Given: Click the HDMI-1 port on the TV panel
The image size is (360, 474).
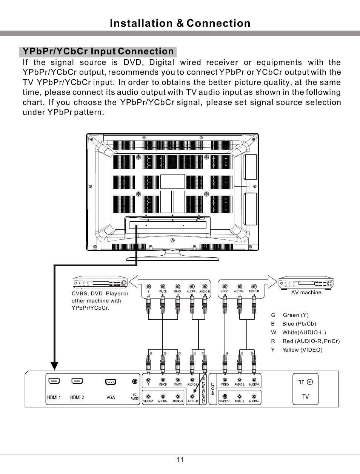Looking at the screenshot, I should pyautogui.click(x=54, y=381).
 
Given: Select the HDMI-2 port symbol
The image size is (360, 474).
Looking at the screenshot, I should pyautogui.click(x=77, y=381).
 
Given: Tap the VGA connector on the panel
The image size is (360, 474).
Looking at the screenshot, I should pyautogui.click(x=111, y=381).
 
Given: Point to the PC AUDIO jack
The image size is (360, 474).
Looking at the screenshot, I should pyautogui.click(x=135, y=382).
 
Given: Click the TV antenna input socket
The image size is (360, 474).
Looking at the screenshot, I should pyautogui.click(x=310, y=382).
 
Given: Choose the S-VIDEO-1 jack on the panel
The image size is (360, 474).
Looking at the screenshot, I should pyautogui.click(x=225, y=396).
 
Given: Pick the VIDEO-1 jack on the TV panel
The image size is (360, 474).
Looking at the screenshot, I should pyautogui.click(x=148, y=396).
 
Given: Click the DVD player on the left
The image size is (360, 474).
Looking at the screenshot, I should pyautogui.click(x=100, y=282).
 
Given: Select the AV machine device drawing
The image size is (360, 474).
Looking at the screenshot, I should pyautogui.click(x=306, y=282).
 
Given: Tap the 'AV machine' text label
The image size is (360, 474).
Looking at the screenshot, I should pyautogui.click(x=306, y=292).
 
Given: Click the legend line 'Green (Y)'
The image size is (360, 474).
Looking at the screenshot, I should pyautogui.click(x=295, y=315).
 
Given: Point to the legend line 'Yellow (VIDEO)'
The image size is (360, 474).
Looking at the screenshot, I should pyautogui.click(x=302, y=350).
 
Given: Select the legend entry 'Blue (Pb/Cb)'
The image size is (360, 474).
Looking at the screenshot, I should pyautogui.click(x=299, y=324).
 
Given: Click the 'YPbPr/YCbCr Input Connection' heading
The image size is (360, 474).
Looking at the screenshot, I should pyautogui.click(x=98, y=51).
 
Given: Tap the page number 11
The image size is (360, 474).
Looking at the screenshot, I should pyautogui.click(x=180, y=460).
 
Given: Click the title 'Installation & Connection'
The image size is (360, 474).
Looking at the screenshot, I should pyautogui.click(x=180, y=23).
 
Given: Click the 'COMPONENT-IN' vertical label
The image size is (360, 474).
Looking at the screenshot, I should pyautogui.click(x=204, y=390).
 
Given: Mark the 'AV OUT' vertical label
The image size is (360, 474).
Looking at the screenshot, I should pyautogui.click(x=212, y=389).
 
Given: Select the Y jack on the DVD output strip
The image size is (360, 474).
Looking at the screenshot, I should pyautogui.click(x=148, y=287).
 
